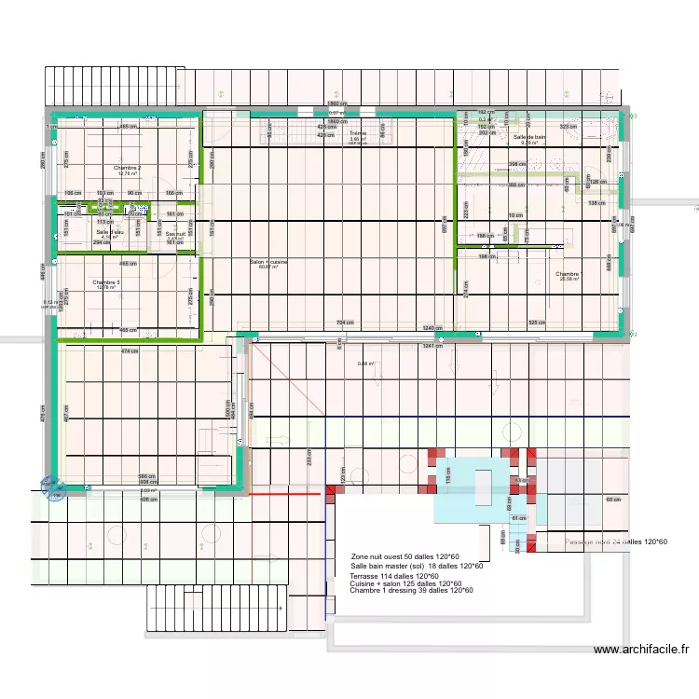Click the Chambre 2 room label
[127, 168]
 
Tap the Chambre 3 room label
[105, 282]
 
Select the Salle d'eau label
[110, 232]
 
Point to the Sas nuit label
[175, 234]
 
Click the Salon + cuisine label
[268, 263]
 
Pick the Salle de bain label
[529, 138]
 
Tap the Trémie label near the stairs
[358, 134]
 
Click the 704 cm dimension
[345, 322]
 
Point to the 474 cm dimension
[130, 351]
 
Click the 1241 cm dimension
[431, 347]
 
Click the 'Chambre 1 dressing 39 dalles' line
[411, 590]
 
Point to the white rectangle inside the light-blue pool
[484, 487]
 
